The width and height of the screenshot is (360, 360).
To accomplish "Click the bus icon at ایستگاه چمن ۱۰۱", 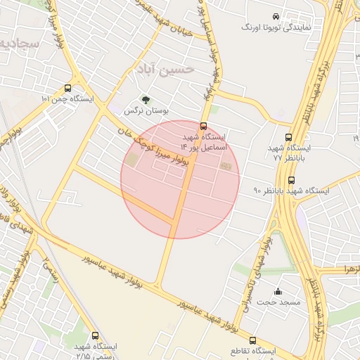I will click(x=67, y=89).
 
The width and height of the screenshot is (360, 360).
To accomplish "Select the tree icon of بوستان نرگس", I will click(x=146, y=100).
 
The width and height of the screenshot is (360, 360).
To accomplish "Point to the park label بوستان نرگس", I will click(x=139, y=111).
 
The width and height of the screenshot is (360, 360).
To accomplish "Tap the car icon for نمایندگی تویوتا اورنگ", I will click(x=275, y=15).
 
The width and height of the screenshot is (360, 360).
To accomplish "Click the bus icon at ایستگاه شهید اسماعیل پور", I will click(x=203, y=127).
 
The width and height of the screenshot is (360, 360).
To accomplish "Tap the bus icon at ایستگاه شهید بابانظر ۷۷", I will click(x=288, y=138).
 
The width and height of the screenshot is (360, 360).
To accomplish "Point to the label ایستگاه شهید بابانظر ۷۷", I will click(x=292, y=154).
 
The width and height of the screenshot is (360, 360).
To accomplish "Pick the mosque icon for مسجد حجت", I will click(x=278, y=291).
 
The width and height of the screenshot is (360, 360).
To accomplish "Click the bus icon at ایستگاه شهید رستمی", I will click(x=95, y=335).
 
